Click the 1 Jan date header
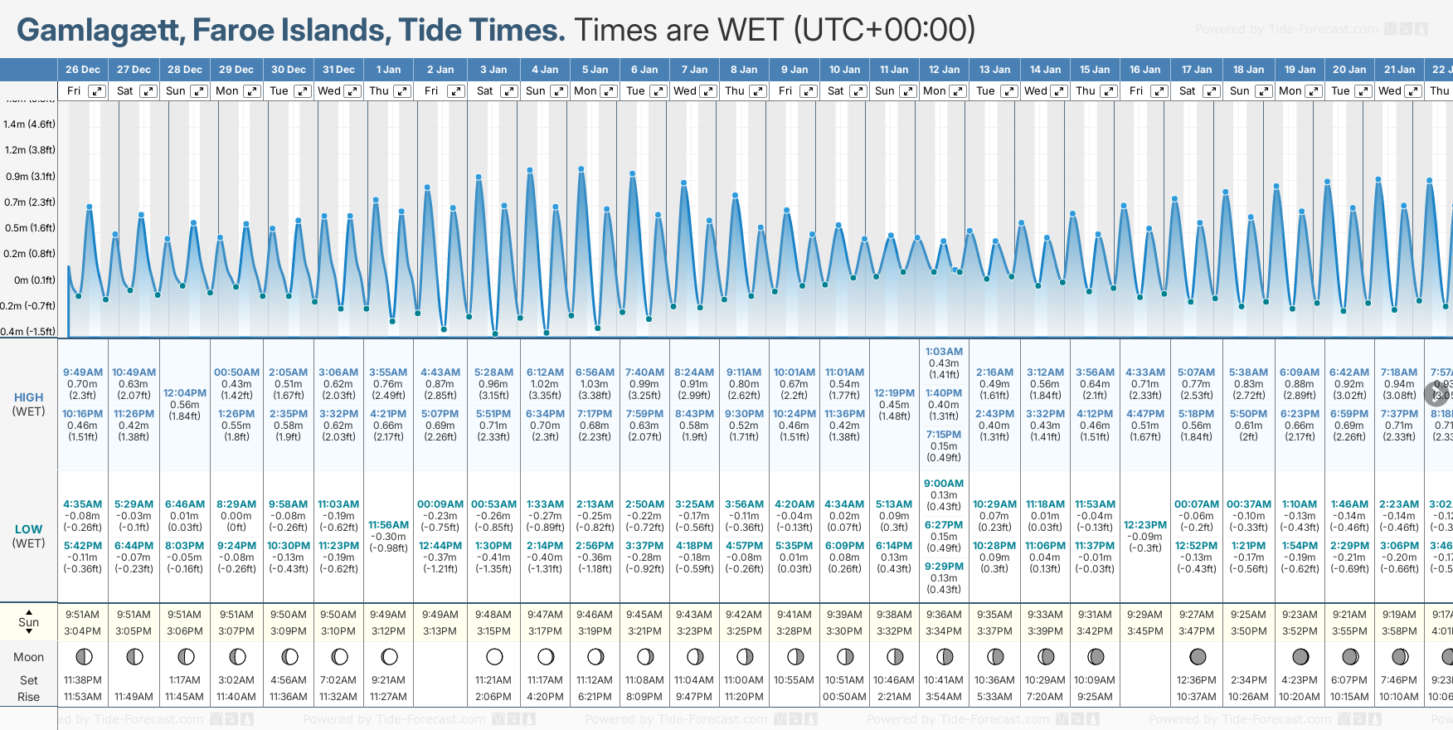388,70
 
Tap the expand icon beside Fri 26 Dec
97,91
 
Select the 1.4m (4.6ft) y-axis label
29,124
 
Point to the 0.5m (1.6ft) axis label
29,228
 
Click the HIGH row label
28,397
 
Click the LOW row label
28,529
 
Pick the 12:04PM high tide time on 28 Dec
184,393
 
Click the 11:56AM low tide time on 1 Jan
388,525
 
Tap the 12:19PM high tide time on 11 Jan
894,393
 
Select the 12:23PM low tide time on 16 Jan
1144,525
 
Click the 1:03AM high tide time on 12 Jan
944,352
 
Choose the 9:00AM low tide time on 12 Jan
944,484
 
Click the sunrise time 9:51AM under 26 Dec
83,615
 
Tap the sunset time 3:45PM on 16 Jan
1144,631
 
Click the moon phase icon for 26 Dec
83,657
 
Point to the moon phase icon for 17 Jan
1197,657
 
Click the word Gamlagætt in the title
99,31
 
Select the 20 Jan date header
1349,70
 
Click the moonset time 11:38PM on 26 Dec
83,680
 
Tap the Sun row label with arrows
28,622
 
